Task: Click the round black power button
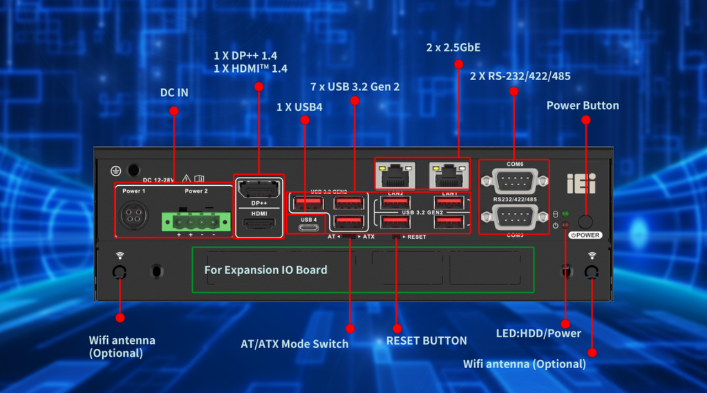tap(585, 222)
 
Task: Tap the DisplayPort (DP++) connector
tap(257, 190)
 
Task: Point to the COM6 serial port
tap(513, 181)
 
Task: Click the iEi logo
tap(582, 184)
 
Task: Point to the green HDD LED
tap(565, 214)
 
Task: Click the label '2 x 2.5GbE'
tap(453, 48)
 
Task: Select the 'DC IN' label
tap(174, 93)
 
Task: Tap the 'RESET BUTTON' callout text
tap(426, 340)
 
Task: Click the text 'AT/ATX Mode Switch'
tap(294, 344)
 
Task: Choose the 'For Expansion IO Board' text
tap(266, 270)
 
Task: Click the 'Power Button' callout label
tap(583, 106)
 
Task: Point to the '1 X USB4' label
tap(299, 107)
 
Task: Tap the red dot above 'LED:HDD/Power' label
tap(565, 324)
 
